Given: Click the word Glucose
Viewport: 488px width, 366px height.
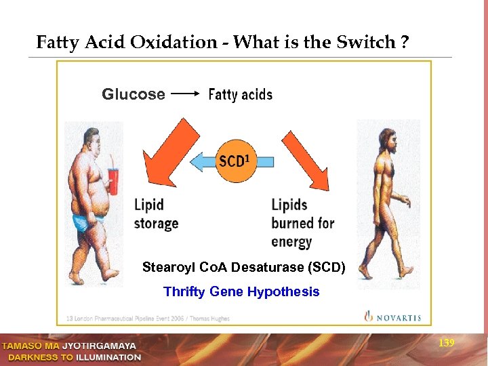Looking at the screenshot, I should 133,94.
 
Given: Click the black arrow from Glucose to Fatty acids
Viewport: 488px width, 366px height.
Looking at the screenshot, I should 184,95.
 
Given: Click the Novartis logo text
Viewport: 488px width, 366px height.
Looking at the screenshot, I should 395,317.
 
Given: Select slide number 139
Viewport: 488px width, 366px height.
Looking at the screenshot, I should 446,344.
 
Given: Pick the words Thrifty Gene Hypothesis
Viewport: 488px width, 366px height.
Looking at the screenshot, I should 241,292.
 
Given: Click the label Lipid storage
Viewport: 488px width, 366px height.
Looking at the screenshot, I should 156,213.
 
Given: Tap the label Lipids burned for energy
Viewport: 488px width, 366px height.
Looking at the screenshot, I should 302,223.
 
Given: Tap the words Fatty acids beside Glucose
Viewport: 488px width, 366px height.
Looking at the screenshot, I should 240,95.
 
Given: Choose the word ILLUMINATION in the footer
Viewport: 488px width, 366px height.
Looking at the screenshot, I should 108,357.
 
